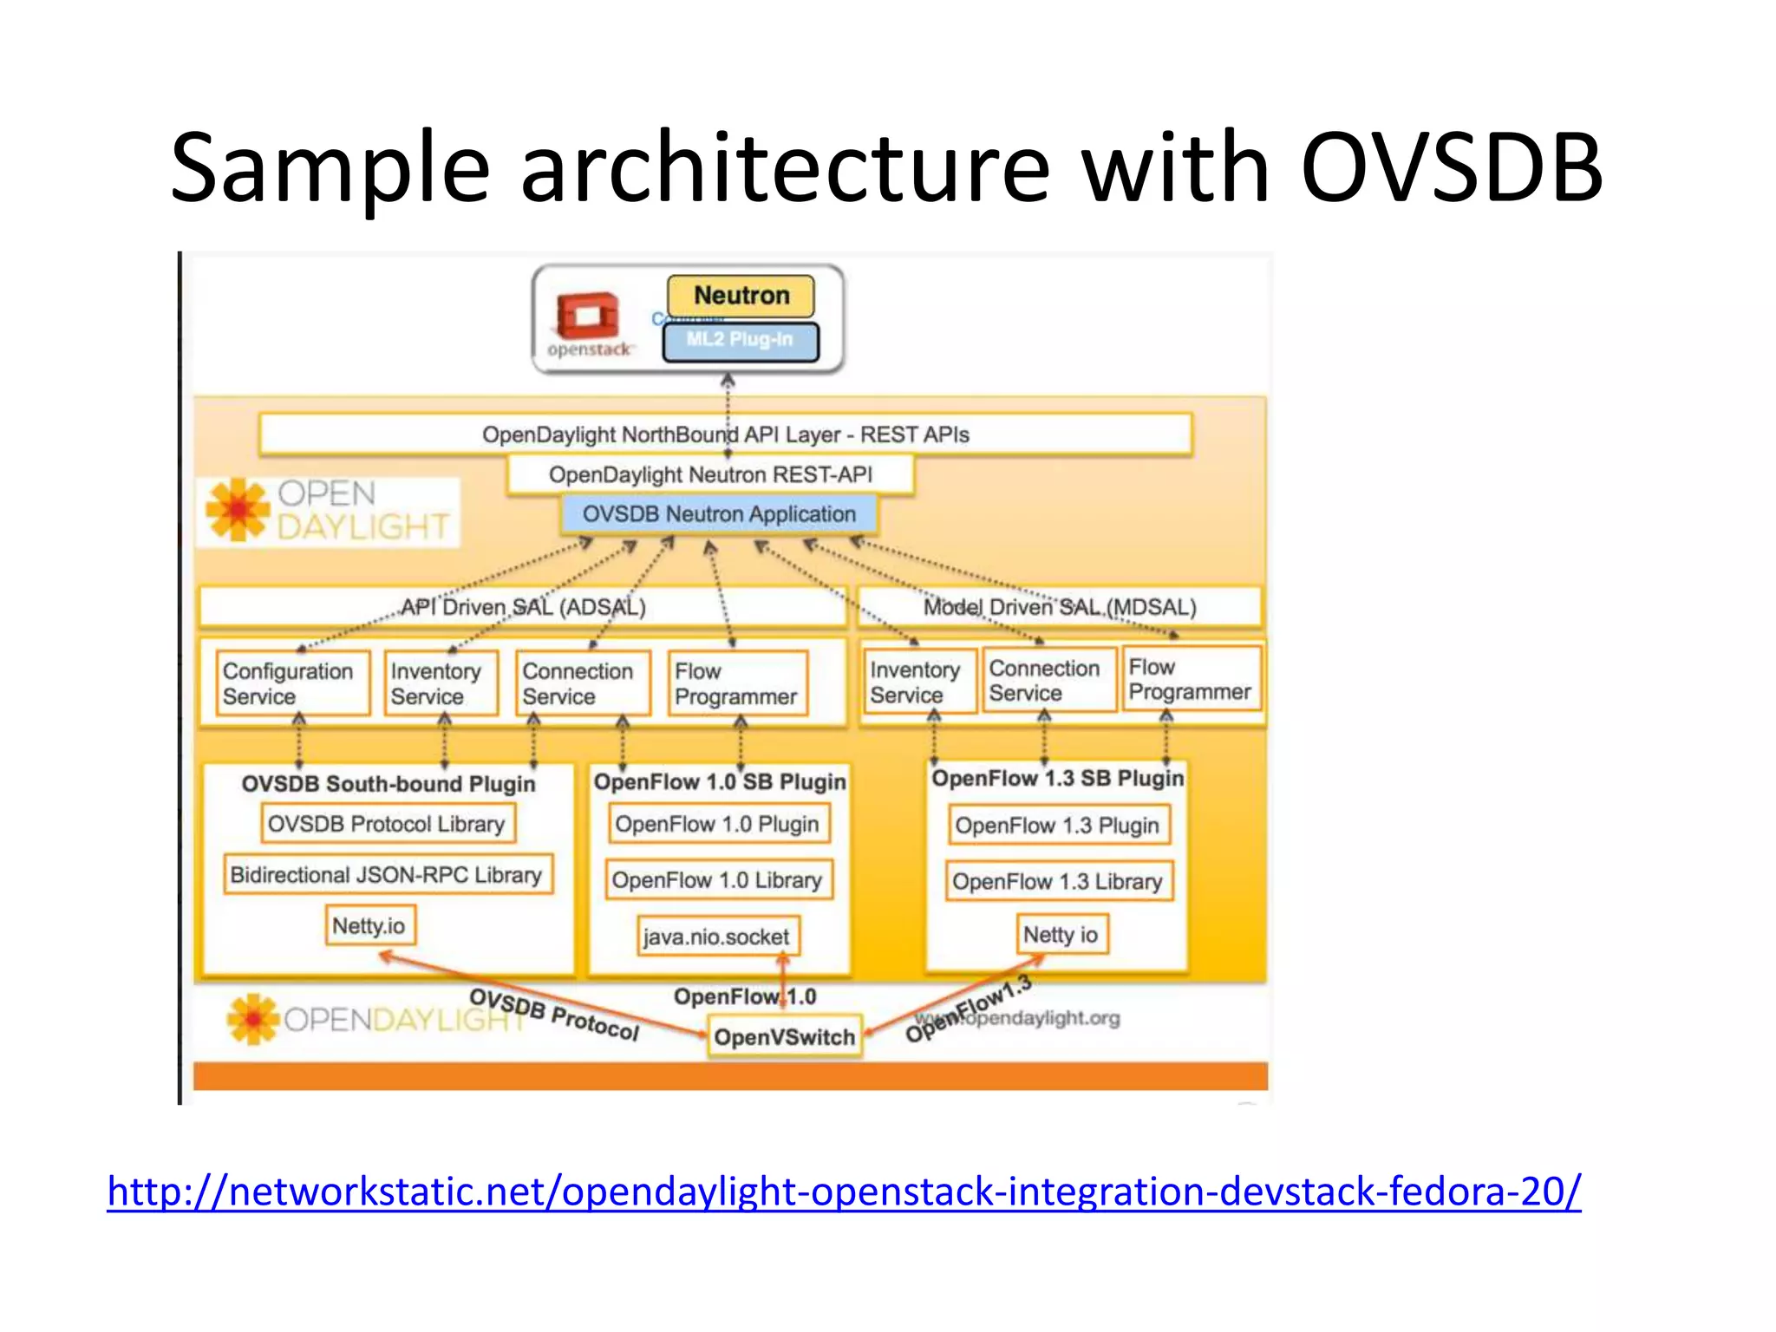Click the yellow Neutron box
point(741,296)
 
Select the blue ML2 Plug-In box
point(740,340)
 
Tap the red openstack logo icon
point(588,316)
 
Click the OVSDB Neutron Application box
point(718,514)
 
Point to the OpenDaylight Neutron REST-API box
point(710,474)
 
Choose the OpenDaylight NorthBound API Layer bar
point(725,434)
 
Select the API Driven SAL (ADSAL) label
point(523,607)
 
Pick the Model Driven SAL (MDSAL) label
point(1060,607)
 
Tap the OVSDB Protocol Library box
point(387,824)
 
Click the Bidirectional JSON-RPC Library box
point(387,875)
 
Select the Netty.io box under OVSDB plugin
point(369,926)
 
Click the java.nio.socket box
point(716,937)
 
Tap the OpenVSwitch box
point(784,1037)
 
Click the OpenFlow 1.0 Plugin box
point(717,824)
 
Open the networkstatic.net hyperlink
point(843,1192)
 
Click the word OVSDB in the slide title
point(1452,166)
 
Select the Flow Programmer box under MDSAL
point(1190,679)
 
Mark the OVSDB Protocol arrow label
point(554,1014)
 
